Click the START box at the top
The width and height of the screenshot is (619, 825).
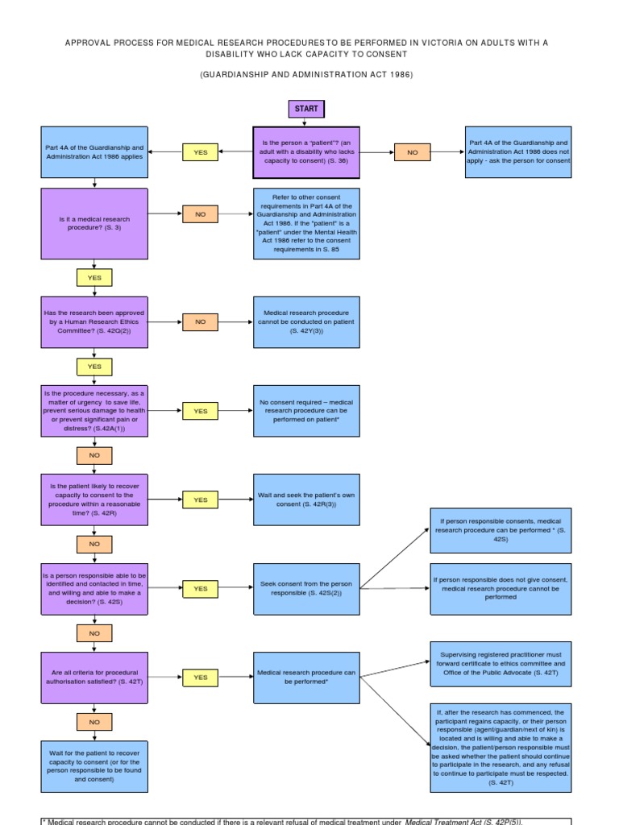[305, 109]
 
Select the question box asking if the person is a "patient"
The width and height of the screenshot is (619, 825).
[306, 152]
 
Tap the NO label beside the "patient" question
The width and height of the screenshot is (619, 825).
[413, 152]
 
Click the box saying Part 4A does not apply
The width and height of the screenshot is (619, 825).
[519, 152]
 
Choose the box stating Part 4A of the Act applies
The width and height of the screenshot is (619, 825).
[94, 152]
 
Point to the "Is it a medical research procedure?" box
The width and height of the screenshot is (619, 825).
[94, 223]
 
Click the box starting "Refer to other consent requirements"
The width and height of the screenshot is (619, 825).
[306, 223]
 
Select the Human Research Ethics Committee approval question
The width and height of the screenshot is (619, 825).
[94, 321]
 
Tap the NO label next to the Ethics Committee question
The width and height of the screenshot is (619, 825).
[200, 321]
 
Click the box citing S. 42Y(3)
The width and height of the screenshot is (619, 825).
[306, 321]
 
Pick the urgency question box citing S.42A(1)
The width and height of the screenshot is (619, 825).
[94, 411]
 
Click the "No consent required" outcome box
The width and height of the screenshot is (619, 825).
[306, 411]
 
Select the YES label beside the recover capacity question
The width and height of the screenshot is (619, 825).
[200, 500]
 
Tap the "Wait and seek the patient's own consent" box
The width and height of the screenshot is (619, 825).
[306, 500]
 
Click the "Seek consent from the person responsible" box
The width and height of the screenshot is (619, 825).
[306, 588]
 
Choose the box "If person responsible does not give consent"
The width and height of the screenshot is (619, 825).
[501, 588]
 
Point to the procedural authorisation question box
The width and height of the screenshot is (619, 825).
[94, 678]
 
